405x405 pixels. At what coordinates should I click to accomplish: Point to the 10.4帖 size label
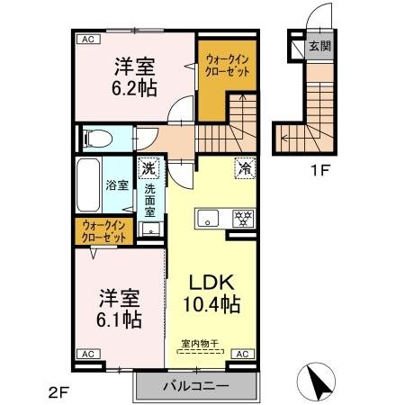[x=212, y=306]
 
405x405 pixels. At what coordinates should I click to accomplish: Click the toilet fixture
[x=96, y=139]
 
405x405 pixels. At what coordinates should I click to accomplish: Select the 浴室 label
[x=117, y=186]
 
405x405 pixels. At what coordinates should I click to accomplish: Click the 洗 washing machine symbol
[x=148, y=167]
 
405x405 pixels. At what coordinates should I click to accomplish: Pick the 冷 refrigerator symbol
[x=243, y=166]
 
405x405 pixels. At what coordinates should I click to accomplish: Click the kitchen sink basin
[x=207, y=219]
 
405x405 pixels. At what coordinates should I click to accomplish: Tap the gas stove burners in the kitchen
[x=240, y=218]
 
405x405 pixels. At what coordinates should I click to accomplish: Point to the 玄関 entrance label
[x=319, y=46]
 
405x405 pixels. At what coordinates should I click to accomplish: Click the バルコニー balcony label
[x=195, y=387]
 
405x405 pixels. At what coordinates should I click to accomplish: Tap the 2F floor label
[x=58, y=392]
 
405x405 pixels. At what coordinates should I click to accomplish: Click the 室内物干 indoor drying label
[x=201, y=342]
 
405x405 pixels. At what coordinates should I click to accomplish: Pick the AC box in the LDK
[x=242, y=355]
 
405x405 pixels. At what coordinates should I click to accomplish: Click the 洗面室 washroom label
[x=150, y=201]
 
